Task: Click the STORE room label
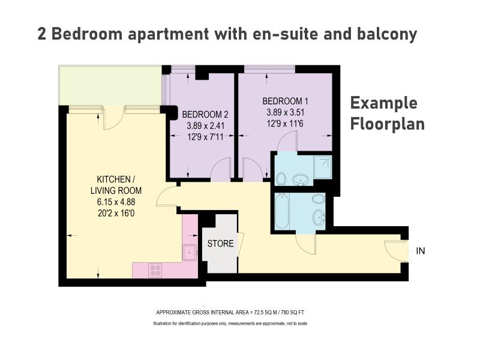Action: coord(220,244)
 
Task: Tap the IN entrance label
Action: coord(421,251)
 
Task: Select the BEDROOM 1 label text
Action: coord(286,101)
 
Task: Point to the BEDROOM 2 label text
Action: coord(205,115)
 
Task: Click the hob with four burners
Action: coord(155,271)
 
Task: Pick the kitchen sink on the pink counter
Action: coord(190,253)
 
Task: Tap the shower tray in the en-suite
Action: coord(322,167)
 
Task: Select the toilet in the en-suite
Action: coord(280,179)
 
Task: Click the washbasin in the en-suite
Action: coord(301,180)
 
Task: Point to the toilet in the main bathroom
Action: coord(319,199)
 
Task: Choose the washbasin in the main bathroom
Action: coord(319,218)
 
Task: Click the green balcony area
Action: coord(110,85)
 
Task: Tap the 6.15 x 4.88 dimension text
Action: coord(116,202)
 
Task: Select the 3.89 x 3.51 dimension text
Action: coord(286,112)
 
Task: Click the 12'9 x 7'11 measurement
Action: coord(205,137)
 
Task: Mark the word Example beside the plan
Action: coord(383,103)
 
